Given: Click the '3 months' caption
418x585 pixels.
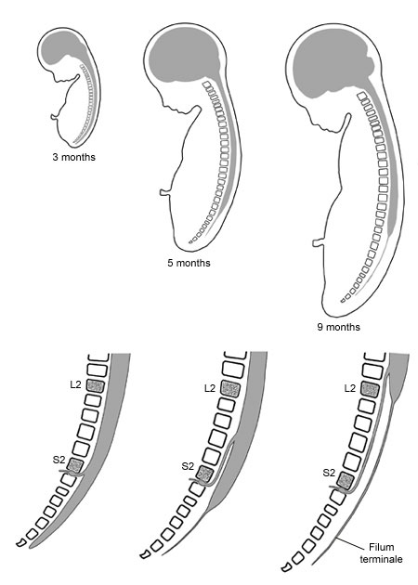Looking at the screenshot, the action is (x=74, y=157).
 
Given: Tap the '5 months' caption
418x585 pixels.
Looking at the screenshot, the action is (x=189, y=263).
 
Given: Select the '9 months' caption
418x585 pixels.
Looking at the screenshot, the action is (x=339, y=327).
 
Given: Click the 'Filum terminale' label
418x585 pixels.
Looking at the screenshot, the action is (x=381, y=552).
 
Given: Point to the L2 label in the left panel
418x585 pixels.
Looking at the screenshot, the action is (x=75, y=384).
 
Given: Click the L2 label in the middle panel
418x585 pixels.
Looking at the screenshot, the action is (x=210, y=388).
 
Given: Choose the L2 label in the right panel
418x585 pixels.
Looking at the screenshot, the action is (x=349, y=388).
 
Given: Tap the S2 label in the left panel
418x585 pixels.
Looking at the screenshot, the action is (x=59, y=460).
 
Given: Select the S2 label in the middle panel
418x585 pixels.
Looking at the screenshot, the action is (x=188, y=466).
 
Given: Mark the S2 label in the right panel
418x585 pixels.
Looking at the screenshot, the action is (x=329, y=473).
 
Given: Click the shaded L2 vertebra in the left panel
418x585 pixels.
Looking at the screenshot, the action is (x=95, y=385).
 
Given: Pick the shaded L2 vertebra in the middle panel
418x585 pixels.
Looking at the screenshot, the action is (x=230, y=389).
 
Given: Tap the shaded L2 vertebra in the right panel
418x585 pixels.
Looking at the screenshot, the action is (x=371, y=390).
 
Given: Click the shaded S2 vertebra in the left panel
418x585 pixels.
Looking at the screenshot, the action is (x=74, y=465).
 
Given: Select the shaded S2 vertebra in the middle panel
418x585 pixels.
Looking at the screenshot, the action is (x=204, y=474).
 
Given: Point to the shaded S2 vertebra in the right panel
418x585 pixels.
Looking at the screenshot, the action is (x=346, y=480).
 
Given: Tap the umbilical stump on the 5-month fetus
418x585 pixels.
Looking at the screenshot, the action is (x=164, y=192).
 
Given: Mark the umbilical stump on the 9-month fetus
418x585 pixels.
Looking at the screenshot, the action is (x=318, y=243).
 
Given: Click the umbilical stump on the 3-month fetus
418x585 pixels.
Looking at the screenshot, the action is (x=55, y=117).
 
